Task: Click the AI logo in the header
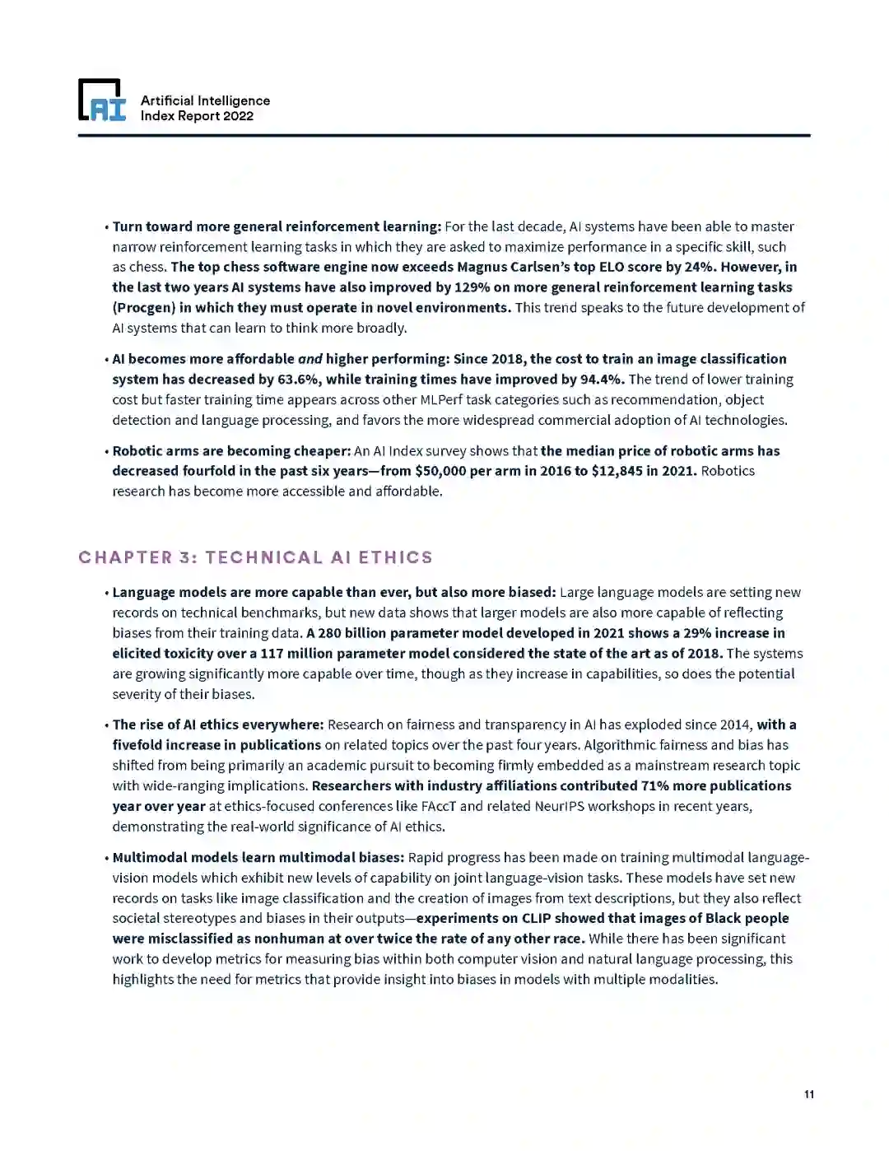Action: [x=102, y=100]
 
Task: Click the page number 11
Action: [x=809, y=1094]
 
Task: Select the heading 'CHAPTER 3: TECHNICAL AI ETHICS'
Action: [x=255, y=557]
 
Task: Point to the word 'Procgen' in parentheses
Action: [x=143, y=308]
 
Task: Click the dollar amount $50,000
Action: [x=440, y=471]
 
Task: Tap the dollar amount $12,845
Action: [x=617, y=471]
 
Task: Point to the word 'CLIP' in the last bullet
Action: [x=536, y=918]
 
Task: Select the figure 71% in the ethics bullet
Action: [x=655, y=785]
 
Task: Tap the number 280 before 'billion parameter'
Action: [x=329, y=633]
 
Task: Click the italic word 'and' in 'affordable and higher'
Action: [x=310, y=359]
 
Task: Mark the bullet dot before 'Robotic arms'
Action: [x=106, y=452]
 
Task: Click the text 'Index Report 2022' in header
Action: [x=197, y=116]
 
